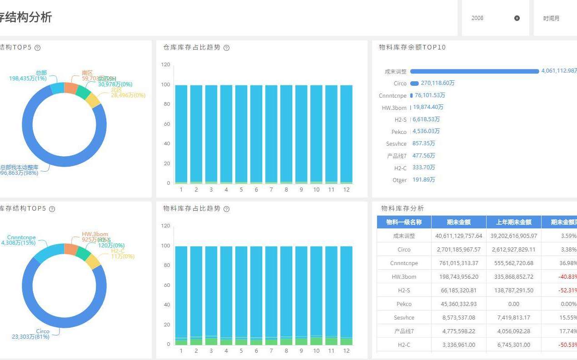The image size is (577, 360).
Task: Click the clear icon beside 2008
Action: pos(517,18)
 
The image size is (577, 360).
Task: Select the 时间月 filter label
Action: pos(551,19)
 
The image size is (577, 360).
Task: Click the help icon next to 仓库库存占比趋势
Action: pos(226,48)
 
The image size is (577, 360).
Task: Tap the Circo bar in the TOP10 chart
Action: pos(414,83)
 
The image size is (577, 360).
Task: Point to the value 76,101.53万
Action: pos(430,95)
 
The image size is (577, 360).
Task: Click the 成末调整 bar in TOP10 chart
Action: pos(474,71)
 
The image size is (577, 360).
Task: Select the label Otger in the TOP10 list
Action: pos(399,180)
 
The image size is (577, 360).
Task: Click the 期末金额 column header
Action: pos(458,222)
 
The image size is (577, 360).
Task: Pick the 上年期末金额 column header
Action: pos(513,222)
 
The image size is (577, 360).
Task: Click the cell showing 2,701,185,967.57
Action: pos(458,249)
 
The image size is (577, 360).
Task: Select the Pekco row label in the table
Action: pos(403,304)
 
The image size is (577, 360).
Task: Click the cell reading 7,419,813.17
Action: pos(513,317)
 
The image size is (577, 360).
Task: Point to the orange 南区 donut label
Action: pos(87,73)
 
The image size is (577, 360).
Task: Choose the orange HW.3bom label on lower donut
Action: pos(95,234)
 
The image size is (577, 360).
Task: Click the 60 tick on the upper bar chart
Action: pos(166,124)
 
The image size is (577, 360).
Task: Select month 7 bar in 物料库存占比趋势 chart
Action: pos(271,295)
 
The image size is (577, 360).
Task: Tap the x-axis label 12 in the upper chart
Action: pos(346,189)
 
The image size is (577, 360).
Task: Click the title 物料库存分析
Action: pos(402,208)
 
